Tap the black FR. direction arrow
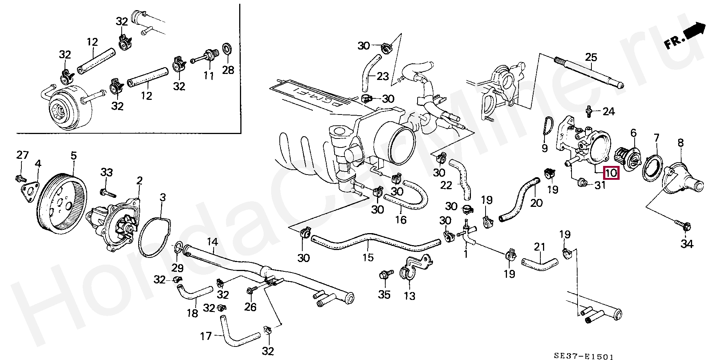click(x=695, y=30)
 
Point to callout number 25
click(x=591, y=57)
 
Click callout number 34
click(x=687, y=244)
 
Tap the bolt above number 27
click(x=21, y=178)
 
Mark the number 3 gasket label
click(x=162, y=197)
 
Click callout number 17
click(x=206, y=336)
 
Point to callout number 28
click(x=228, y=70)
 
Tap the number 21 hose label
click(x=539, y=247)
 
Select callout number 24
click(x=609, y=111)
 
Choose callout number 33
click(x=106, y=173)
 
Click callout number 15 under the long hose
click(x=368, y=257)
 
